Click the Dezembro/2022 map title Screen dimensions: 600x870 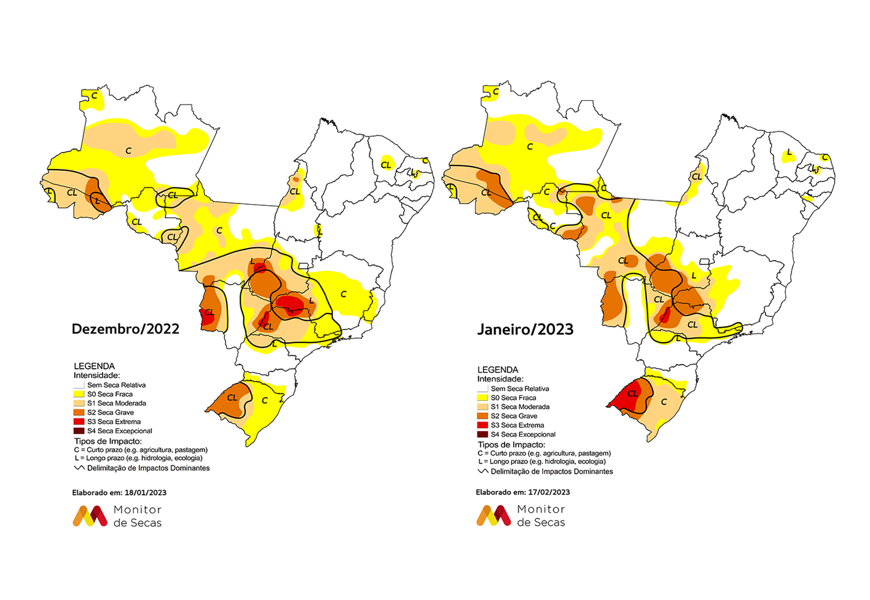pyautogui.click(x=125, y=329)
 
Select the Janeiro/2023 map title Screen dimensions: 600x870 pyautogui.click(x=525, y=330)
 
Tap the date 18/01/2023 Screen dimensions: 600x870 pyautogui.click(x=145, y=492)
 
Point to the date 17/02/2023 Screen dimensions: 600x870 pyautogui.click(x=549, y=492)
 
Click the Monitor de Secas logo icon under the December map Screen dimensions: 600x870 pyautogui.click(x=90, y=516)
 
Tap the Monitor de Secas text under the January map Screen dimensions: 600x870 pyautogui.click(x=541, y=516)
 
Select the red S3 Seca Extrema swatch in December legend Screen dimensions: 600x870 pyautogui.click(x=79, y=422)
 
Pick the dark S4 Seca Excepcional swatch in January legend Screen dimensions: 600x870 pyautogui.click(x=482, y=434)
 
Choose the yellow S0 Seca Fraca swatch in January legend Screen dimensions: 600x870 pyautogui.click(x=482, y=398)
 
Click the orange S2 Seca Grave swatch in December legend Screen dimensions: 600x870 pyautogui.click(x=79, y=412)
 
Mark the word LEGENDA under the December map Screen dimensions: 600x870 pyautogui.click(x=94, y=366)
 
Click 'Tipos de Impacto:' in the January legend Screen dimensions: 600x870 pyautogui.click(x=511, y=444)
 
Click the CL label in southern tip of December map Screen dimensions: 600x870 pyautogui.click(x=232, y=398)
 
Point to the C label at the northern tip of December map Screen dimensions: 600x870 pyautogui.click(x=94, y=96)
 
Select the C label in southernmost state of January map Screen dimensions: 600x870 pyautogui.click(x=664, y=402)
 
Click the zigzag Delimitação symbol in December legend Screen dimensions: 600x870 pyautogui.click(x=79, y=468)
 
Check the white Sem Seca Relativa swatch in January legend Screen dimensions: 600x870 pyautogui.click(x=482, y=389)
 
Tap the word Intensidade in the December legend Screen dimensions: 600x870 pyautogui.click(x=96, y=375)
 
